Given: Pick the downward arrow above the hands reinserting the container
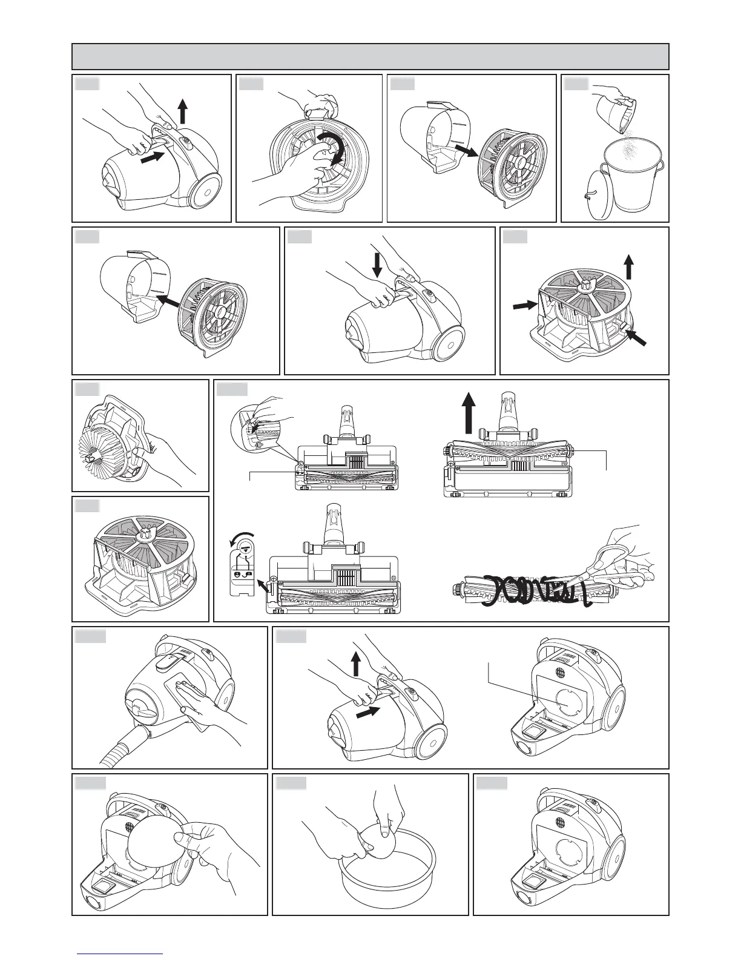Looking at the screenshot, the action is (377, 265).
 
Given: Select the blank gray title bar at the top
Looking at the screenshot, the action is (370, 56).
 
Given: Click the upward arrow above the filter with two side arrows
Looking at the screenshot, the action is (629, 266).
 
